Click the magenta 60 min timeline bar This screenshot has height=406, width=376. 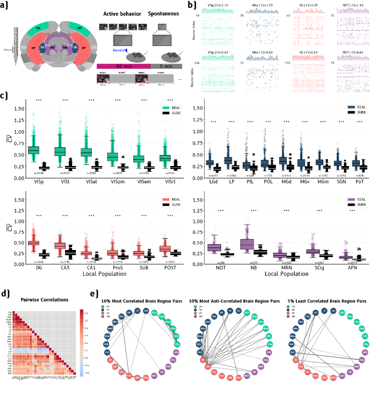click(x=123, y=66)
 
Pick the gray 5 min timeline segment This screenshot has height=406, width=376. click(x=163, y=66)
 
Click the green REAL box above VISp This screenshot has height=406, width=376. click(x=33, y=149)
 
